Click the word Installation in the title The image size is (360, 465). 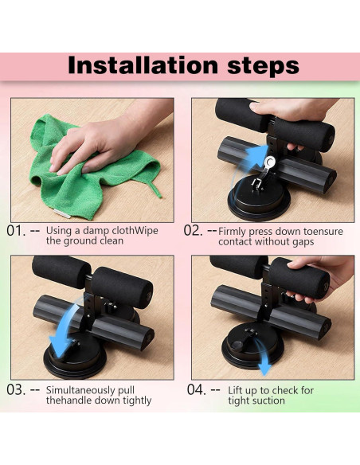(143, 65)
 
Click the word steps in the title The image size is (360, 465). (264, 66)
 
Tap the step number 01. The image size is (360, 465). (16, 231)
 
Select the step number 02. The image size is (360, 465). (193, 231)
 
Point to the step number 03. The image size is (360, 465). (16, 389)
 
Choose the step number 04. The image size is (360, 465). (196, 389)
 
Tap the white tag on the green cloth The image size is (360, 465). (62, 213)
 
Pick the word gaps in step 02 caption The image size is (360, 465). (303, 242)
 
